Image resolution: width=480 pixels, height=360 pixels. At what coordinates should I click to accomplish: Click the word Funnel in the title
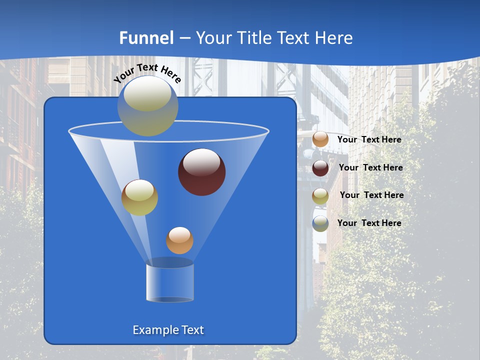pos(146,38)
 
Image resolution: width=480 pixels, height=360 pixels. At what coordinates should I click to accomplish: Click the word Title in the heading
pos(254,38)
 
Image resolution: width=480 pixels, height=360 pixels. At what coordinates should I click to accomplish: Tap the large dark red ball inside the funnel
pos(202,172)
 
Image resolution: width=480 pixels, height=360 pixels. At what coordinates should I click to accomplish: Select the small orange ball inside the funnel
pos(179,240)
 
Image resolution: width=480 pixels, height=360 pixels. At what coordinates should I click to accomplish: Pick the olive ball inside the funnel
pos(139,197)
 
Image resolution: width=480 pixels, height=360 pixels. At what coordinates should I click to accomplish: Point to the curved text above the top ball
pos(147,72)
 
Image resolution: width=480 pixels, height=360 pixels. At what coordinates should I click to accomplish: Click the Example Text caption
pos(168,330)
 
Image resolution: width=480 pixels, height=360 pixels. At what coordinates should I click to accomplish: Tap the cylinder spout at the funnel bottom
pos(170,282)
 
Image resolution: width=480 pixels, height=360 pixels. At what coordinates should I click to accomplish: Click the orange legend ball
pos(320,139)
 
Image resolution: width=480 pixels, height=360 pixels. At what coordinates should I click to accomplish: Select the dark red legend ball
pos(320,168)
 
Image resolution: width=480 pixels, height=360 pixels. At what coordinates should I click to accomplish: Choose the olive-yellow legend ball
pos(320,196)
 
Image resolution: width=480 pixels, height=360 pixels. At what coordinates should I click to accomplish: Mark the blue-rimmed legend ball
pos(320,223)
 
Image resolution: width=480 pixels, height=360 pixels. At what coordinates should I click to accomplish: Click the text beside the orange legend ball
pos(369,140)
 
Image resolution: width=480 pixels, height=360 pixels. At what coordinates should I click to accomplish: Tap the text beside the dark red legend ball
pos(370,168)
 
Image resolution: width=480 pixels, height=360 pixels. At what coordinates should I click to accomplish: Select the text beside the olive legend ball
pos(371,195)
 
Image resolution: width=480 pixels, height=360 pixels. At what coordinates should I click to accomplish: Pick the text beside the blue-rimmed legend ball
pos(369,223)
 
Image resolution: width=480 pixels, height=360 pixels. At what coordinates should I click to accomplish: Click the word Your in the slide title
pos(213,38)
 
